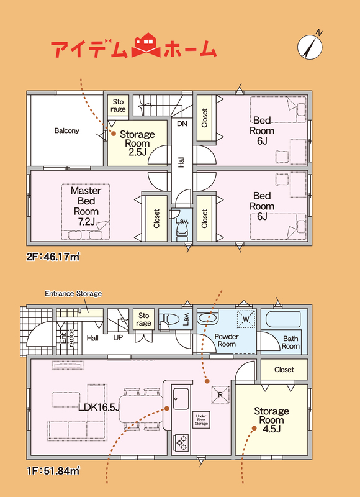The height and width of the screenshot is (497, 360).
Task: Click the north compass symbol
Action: (310, 47)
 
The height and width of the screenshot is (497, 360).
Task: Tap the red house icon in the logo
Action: (147, 45)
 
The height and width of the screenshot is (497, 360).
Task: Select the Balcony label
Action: (67, 130)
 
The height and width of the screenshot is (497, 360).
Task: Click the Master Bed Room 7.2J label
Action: (86, 206)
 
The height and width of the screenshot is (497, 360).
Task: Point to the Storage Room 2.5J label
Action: (137, 144)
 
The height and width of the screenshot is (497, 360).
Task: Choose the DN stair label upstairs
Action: (182, 124)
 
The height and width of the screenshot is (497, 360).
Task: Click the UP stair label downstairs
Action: (118, 338)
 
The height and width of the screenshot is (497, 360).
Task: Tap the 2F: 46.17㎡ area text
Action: (53, 256)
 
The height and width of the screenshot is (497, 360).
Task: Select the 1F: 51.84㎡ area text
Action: (53, 471)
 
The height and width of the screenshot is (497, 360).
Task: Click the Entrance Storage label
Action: (73, 293)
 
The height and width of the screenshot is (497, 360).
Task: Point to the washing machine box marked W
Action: (246, 318)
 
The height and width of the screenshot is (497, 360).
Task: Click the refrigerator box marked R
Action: (220, 394)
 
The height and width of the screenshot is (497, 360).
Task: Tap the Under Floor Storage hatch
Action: (201, 420)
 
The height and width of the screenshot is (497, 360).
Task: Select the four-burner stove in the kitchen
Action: (181, 442)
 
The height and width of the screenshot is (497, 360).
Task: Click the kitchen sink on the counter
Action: (181, 399)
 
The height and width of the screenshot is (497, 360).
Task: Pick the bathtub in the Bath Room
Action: (283, 321)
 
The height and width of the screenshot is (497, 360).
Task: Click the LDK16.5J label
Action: (99, 408)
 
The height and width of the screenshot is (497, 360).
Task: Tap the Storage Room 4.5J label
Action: (271, 420)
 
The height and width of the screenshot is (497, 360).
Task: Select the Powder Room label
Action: (227, 340)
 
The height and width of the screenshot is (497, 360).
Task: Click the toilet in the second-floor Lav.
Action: (182, 234)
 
